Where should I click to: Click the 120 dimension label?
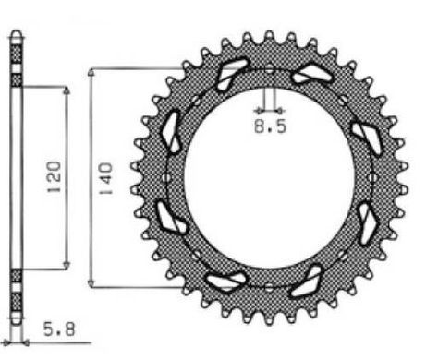54,177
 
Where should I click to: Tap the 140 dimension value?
105,178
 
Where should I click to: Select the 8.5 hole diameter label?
270,126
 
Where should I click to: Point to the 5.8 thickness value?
59,330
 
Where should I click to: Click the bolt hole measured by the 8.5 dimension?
269,68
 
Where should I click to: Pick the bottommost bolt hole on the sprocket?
269,287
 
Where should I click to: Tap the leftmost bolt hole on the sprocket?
165,178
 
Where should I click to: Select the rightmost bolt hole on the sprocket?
372,178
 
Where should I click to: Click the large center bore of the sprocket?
269,178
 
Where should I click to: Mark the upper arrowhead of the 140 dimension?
91,72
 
